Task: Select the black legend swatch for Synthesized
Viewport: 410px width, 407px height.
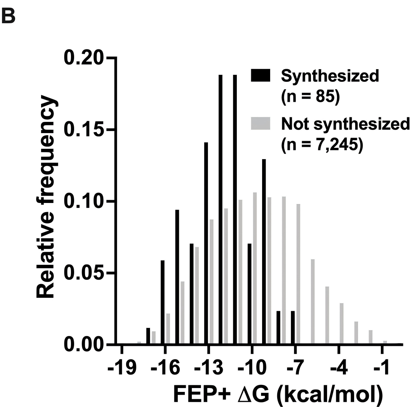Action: pyautogui.click(x=261, y=76)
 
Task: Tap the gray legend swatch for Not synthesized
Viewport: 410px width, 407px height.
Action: pyautogui.click(x=261, y=124)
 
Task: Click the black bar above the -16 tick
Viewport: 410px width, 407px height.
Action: pyautogui.click(x=163, y=302)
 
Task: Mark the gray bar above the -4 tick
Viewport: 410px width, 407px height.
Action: pyautogui.click(x=341, y=323)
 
